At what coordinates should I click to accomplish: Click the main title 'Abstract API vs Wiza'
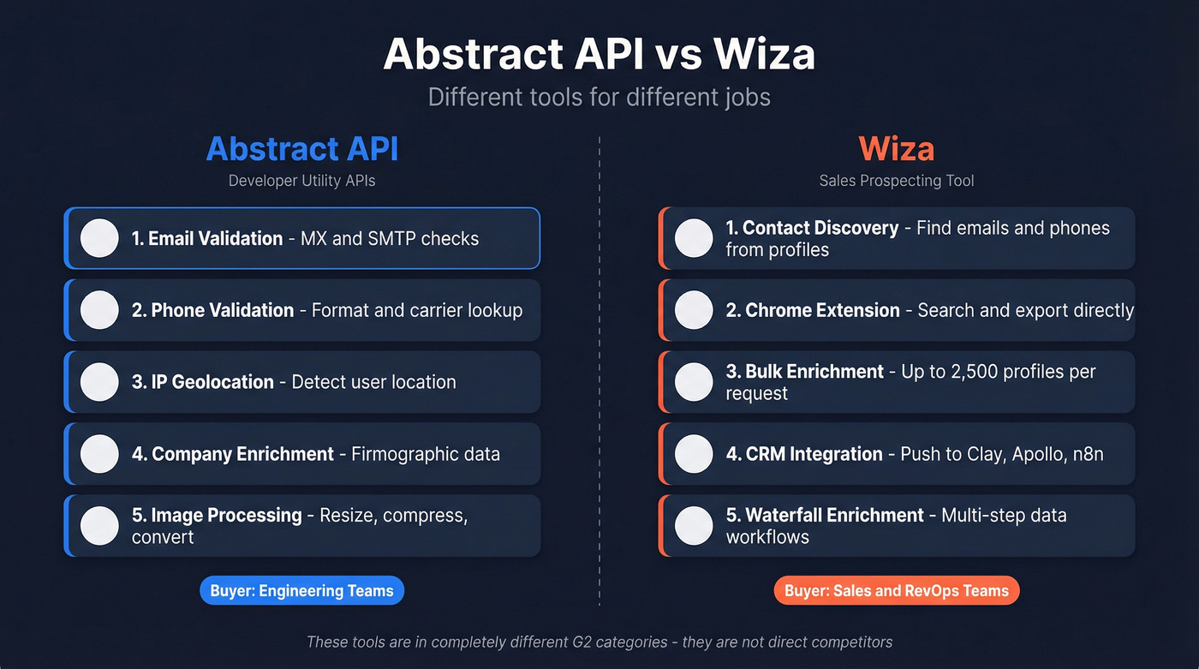pyautogui.click(x=599, y=54)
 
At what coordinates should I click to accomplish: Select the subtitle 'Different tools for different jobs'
pyautogui.click(x=599, y=96)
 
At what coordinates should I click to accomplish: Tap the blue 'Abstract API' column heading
pyautogui.click(x=302, y=149)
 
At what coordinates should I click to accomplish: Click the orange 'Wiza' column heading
pyautogui.click(x=896, y=149)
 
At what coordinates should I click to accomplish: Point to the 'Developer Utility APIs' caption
pyautogui.click(x=302, y=181)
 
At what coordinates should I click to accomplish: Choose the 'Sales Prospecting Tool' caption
pyautogui.click(x=896, y=181)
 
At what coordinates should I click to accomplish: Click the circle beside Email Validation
pyautogui.click(x=99, y=238)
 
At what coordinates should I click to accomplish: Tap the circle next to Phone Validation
pyautogui.click(x=99, y=310)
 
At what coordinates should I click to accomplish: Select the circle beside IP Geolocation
pyautogui.click(x=99, y=382)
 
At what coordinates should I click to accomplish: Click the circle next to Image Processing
pyautogui.click(x=99, y=525)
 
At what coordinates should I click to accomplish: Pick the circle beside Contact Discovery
pyautogui.click(x=694, y=238)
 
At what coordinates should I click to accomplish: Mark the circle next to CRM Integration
pyautogui.click(x=694, y=454)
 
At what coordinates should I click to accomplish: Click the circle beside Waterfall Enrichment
pyautogui.click(x=694, y=525)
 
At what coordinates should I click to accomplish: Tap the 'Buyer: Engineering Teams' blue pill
pyautogui.click(x=301, y=590)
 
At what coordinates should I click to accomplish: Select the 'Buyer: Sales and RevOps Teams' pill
pyautogui.click(x=896, y=590)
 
